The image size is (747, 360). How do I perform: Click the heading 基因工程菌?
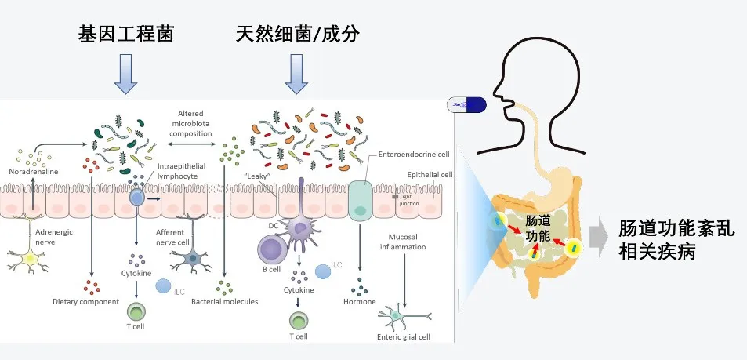click(125, 34)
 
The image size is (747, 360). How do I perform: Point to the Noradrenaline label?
click(33, 171)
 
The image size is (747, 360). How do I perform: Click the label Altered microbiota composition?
click(190, 123)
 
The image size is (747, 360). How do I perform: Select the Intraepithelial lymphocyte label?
click(182, 171)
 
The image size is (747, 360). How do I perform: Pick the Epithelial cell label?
click(430, 174)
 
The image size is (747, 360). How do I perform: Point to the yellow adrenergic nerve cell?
click(31, 259)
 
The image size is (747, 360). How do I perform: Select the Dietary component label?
click(85, 301)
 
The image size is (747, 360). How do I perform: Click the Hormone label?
click(360, 301)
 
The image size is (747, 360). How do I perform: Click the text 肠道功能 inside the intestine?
click(537, 228)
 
